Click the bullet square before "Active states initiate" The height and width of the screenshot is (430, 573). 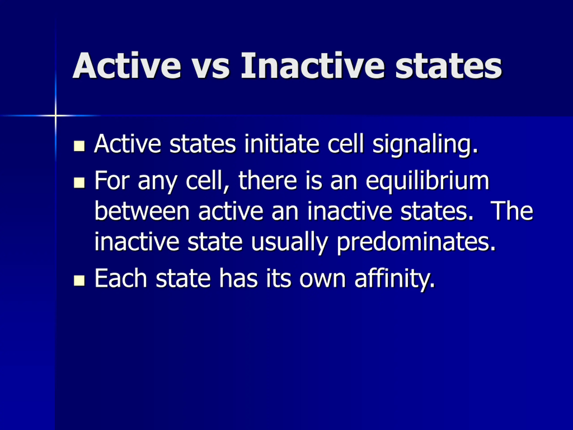tap(79, 146)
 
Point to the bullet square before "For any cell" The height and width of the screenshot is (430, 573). tap(79, 183)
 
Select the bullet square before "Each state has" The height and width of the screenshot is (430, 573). tap(79, 280)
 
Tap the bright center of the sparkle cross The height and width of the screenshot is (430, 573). tap(56, 115)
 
